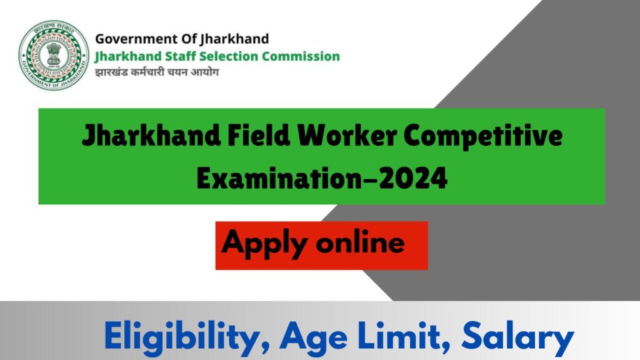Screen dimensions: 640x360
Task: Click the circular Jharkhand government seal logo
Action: [x=54, y=55]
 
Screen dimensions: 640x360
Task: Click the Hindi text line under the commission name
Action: [x=157, y=72]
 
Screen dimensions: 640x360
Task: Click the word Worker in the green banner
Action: [x=347, y=135]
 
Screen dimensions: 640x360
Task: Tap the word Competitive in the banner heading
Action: [x=483, y=136]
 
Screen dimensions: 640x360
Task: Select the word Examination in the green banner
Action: [x=278, y=179]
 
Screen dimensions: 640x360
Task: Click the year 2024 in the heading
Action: [x=414, y=179]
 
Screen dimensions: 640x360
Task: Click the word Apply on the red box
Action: [x=264, y=244]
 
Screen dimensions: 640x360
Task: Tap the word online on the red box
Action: [x=361, y=242]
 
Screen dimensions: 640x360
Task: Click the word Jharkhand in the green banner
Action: [x=151, y=136]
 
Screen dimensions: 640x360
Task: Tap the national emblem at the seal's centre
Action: [x=54, y=54]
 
